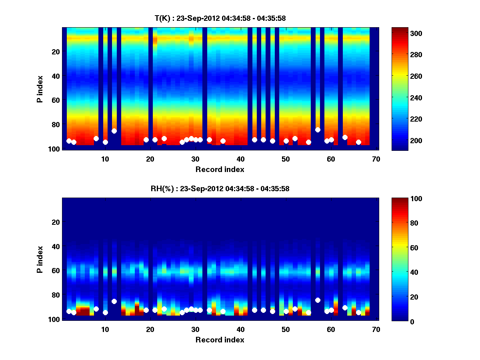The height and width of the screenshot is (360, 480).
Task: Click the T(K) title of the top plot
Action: pos(220,18)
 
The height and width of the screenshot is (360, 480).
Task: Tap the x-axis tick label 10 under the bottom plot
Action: pos(105,329)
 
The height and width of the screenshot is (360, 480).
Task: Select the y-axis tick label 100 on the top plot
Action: pos(54,148)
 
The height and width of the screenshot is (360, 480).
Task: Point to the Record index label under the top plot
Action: pos(220,169)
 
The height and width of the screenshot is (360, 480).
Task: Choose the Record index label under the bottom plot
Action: pos(220,340)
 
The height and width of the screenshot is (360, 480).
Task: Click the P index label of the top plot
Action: pos(40,89)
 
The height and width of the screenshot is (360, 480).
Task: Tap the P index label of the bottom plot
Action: pos(40,259)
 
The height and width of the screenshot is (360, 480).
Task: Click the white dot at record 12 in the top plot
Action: pos(114,131)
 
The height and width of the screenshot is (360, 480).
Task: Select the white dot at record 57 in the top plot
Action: pos(318,130)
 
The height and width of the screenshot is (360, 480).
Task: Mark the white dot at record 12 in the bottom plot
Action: pos(114,301)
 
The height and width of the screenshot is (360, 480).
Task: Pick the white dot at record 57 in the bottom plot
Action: pos(318,300)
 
